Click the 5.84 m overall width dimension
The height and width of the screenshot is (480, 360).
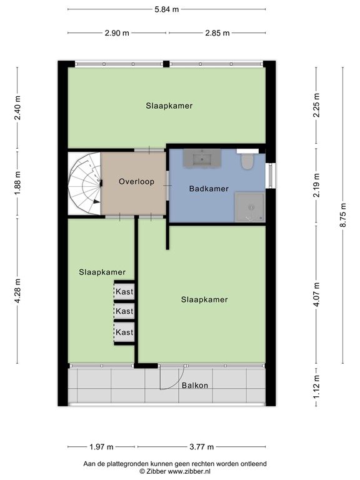[166, 9]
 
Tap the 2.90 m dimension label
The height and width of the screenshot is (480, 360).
[117, 33]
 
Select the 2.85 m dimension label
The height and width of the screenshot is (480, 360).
[217, 33]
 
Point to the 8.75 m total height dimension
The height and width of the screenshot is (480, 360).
[342, 215]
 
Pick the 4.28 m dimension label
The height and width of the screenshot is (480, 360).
[17, 291]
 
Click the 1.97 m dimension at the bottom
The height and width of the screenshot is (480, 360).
[101, 447]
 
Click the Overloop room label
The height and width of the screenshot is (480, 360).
[134, 182]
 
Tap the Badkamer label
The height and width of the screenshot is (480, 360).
[208, 188]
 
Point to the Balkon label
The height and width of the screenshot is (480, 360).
[195, 385]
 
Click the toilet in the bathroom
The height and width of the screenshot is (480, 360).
[246, 162]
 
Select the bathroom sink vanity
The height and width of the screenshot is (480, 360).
[202, 159]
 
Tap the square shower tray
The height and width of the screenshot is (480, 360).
[249, 207]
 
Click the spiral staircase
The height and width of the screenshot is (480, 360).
[84, 183]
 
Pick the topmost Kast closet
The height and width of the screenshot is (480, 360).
[124, 291]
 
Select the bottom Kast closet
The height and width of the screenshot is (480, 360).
[124, 332]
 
